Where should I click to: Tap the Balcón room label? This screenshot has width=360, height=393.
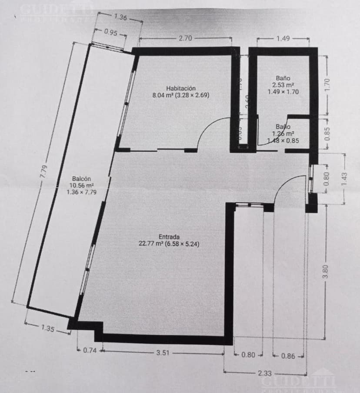81,179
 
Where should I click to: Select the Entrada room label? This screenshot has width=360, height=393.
169,237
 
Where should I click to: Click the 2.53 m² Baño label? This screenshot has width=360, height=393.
283,79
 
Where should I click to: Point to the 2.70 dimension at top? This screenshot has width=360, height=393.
185,38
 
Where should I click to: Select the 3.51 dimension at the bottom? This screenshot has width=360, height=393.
163,353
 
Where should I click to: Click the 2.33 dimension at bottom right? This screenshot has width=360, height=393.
265,373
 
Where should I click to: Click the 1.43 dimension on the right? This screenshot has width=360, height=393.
345,179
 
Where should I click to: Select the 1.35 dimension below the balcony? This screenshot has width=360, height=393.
47,329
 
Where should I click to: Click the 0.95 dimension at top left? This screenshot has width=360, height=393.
111,32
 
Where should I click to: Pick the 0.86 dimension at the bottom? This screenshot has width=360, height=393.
288,356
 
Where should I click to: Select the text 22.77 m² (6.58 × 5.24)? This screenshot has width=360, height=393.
169,244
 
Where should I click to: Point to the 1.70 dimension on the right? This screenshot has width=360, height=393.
328,81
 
